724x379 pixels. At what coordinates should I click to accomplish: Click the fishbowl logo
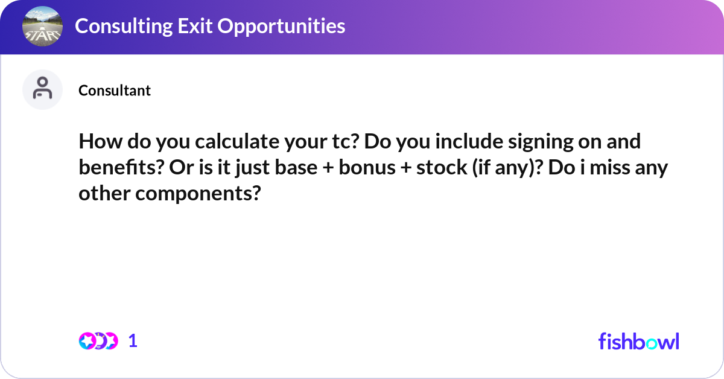point(638,341)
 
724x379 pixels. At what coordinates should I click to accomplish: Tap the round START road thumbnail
point(42,27)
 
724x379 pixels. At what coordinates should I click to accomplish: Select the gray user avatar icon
point(42,89)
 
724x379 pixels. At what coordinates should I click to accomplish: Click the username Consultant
point(115,91)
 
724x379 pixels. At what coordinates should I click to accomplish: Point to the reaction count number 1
point(133,341)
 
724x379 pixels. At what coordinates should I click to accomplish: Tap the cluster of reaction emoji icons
point(98,341)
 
